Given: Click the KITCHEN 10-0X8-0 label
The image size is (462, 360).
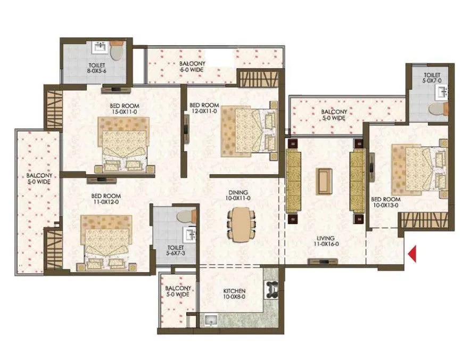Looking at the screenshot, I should coord(233,294).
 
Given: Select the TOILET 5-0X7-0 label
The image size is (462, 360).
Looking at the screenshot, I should coord(432,78).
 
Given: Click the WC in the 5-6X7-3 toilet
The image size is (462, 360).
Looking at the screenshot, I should coord(183,215).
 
